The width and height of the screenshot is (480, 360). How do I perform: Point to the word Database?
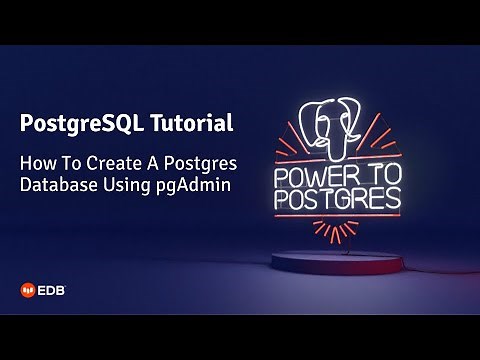click(57, 184)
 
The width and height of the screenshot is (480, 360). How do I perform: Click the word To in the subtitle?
click(75, 162)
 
